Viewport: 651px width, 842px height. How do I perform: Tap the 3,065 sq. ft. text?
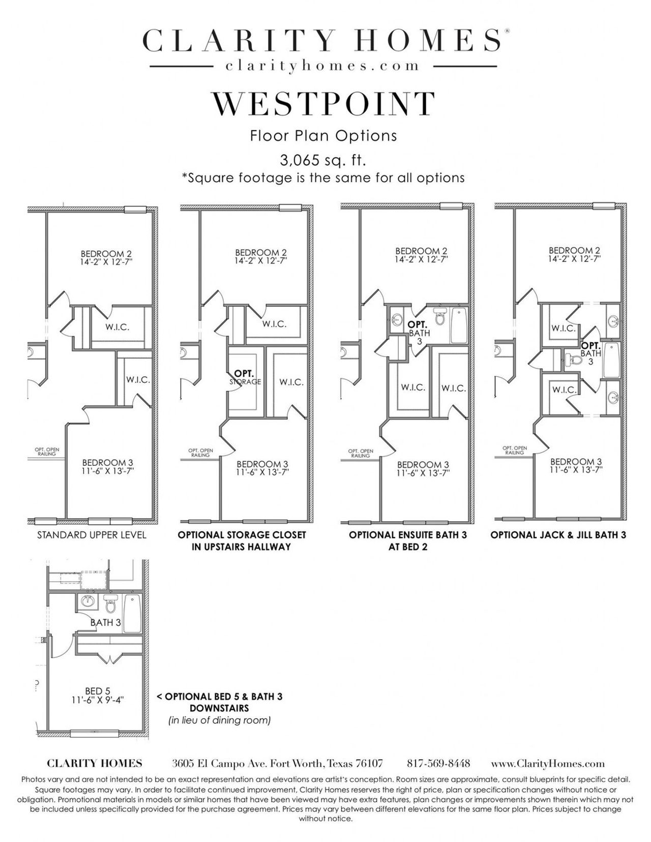click(x=323, y=161)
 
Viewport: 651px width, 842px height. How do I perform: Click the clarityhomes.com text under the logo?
click(x=323, y=66)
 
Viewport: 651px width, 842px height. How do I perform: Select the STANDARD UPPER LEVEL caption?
click(x=92, y=535)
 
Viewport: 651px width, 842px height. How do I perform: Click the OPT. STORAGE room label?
click(x=245, y=377)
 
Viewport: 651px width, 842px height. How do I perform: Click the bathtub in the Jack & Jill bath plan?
click(x=610, y=359)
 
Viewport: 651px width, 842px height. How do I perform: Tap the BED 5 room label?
click(x=98, y=691)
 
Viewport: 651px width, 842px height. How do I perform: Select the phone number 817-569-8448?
click(x=438, y=764)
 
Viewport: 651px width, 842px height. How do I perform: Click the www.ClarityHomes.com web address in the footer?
click(x=548, y=764)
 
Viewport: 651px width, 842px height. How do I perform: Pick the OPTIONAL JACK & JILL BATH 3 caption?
click(x=558, y=535)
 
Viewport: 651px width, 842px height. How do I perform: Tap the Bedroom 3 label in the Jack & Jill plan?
click(x=576, y=462)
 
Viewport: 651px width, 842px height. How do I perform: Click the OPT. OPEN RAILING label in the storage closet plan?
click(x=200, y=453)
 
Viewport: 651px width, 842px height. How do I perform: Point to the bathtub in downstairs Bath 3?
click(x=132, y=613)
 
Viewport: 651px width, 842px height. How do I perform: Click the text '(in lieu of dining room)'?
click(x=219, y=720)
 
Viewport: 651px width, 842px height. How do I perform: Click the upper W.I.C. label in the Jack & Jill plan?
click(x=564, y=328)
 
